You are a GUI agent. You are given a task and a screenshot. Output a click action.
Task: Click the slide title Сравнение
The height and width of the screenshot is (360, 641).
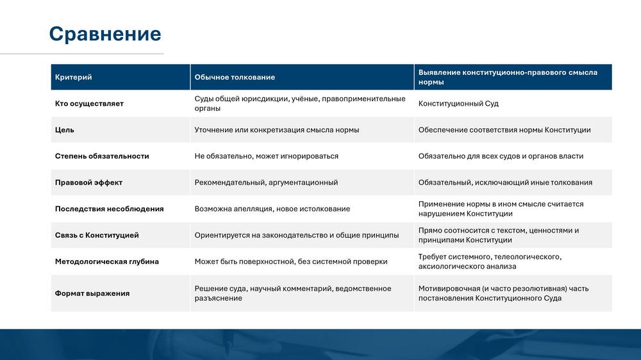coord(105,34)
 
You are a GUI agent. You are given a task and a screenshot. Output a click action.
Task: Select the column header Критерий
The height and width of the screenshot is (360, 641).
coord(74,78)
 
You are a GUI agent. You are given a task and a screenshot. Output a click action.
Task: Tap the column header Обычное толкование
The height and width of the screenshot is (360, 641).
coord(235,78)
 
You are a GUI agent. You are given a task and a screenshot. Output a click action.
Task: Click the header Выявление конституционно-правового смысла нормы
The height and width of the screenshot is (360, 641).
coord(508,78)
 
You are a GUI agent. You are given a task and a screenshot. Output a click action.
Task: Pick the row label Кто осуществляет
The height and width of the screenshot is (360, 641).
coord(89,104)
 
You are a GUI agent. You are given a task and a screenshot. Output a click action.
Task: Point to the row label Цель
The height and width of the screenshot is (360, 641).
coord(65,130)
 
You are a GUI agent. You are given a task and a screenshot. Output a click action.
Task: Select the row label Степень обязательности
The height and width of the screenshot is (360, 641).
coord(102,156)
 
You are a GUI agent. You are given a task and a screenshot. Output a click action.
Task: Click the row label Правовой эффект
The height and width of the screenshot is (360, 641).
coord(88,183)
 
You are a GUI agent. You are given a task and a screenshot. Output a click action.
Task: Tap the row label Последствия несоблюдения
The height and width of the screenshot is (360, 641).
coord(109,209)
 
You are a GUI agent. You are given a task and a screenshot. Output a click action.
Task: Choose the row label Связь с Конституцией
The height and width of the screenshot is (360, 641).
coord(97,235)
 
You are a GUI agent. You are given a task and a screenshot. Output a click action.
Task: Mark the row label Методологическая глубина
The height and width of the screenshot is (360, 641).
coord(106,261)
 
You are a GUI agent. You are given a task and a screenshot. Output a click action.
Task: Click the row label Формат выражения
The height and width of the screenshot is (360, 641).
coord(92,293)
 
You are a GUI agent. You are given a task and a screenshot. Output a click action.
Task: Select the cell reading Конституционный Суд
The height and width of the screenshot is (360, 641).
coord(458,104)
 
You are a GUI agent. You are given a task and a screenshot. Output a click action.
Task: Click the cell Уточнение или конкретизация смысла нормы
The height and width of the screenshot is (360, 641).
coord(277,130)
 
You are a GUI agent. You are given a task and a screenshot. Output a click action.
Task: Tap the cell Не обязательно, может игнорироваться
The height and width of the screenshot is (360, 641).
coord(266,156)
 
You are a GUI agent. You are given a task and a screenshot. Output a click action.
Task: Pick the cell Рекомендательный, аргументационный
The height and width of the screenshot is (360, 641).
coord(266,183)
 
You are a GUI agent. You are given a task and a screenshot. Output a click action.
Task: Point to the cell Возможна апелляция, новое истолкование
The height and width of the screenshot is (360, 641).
coord(272,209)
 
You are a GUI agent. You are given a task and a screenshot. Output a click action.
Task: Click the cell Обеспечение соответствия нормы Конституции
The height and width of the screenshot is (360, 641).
coord(504,130)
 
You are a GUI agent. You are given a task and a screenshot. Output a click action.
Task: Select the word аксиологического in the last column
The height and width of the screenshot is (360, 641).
coord(445,266)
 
